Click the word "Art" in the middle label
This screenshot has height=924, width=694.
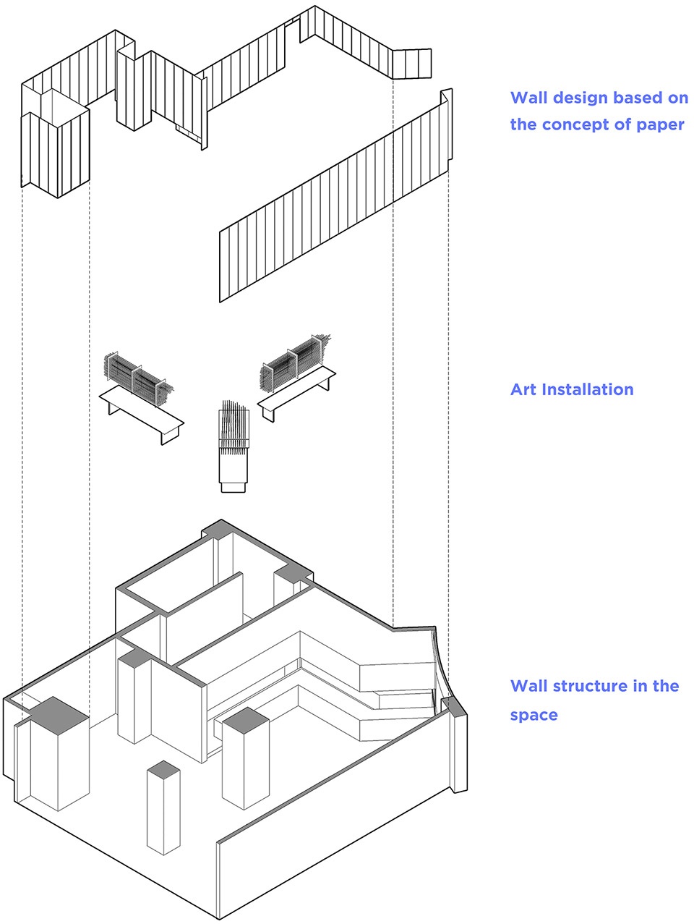pyautogui.click(x=523, y=389)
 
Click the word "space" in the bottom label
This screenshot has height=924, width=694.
pyautogui.click(x=534, y=715)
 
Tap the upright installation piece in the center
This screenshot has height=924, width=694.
pyautogui.click(x=234, y=446)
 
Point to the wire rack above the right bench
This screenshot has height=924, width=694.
pyautogui.click(x=294, y=363)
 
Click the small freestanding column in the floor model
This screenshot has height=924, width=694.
pyautogui.click(x=163, y=808)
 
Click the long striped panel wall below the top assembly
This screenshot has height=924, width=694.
pyautogui.click(x=335, y=196)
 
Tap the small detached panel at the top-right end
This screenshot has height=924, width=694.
pyautogui.click(x=412, y=64)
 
